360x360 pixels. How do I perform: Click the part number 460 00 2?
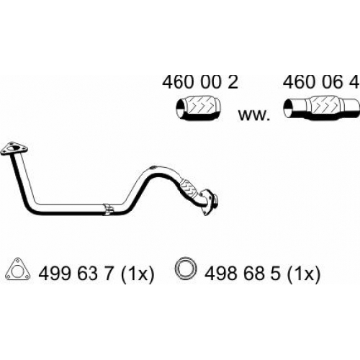point(200,82)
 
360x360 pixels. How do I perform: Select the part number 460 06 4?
point(321,82)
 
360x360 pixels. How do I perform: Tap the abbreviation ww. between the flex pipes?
point(254,115)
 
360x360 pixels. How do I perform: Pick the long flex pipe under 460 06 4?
point(321,107)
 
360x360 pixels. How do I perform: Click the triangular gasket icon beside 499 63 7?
point(18,269)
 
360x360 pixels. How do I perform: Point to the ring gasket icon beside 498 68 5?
point(186,269)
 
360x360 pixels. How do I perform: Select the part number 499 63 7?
point(76,274)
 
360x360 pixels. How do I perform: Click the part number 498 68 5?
point(242,274)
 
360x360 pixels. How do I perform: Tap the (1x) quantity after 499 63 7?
point(138,275)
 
